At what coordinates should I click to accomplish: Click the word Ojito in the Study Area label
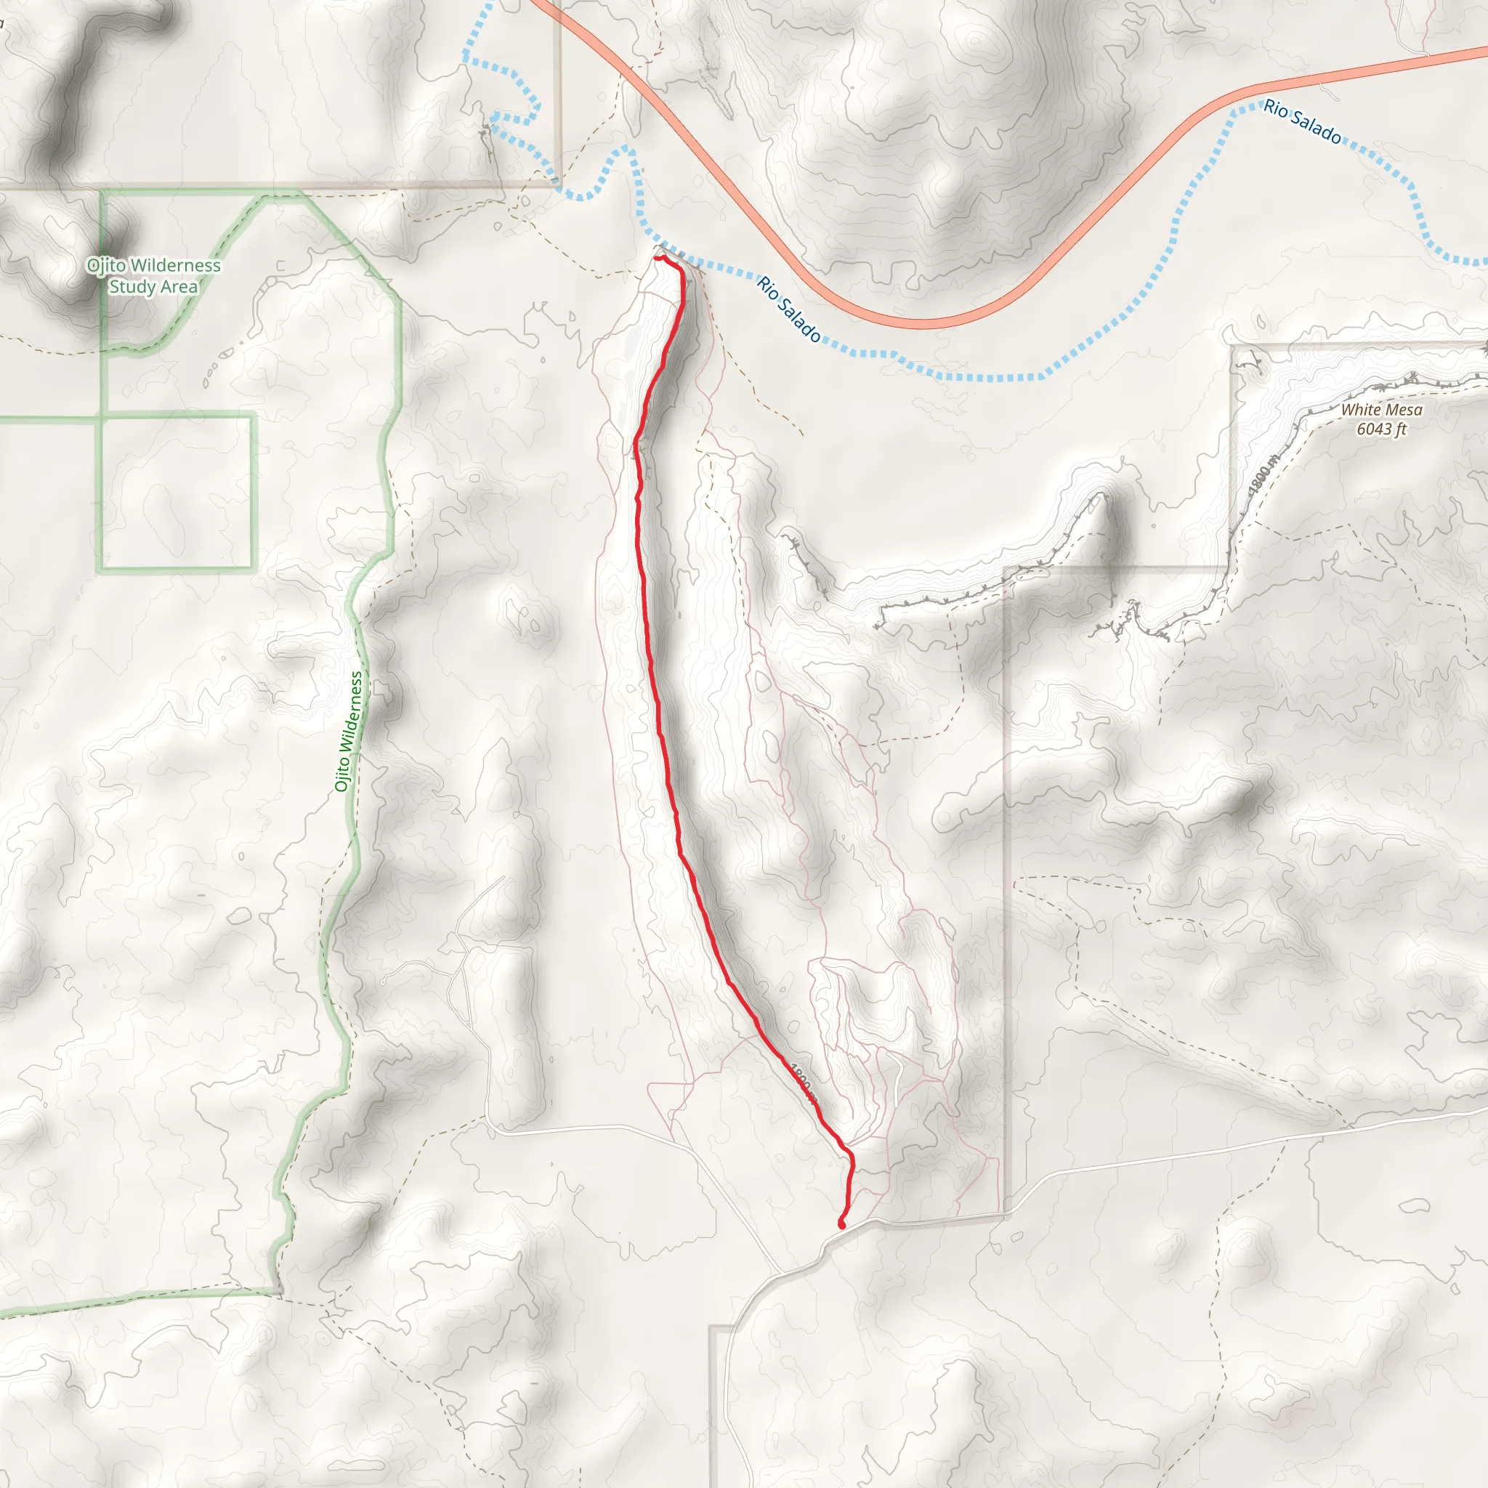105,266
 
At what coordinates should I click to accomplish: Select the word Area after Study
178,287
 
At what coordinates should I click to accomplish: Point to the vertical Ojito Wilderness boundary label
348,731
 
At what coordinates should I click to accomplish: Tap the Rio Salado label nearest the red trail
788,309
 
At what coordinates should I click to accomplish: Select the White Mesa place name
1382,410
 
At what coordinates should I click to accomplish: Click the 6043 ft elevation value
1382,429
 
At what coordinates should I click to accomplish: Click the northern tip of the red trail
657,259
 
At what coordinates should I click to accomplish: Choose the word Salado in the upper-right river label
1317,127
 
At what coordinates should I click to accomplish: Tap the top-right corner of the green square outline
254,416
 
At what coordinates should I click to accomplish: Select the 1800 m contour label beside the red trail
803,1083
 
